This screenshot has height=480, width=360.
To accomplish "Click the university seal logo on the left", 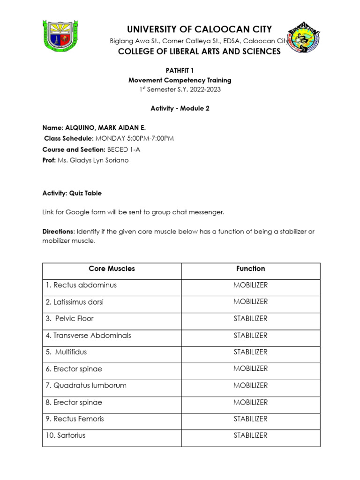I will pyautogui.click(x=60, y=36).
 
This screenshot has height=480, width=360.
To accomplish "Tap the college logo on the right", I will pyautogui.click(x=304, y=37).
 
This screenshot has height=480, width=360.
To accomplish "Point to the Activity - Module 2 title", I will pyautogui.click(x=180, y=108).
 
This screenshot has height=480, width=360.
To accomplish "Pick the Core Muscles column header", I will pyautogui.click(x=112, y=269).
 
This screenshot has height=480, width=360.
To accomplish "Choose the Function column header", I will pyautogui.click(x=250, y=269).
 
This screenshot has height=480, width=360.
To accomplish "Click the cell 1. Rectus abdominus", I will pyautogui.click(x=81, y=285).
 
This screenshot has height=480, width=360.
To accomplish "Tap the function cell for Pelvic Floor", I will pyautogui.click(x=250, y=318).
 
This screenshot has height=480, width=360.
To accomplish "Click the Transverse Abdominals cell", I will pyautogui.click(x=88, y=335).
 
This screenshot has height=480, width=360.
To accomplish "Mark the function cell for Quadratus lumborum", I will pyautogui.click(x=250, y=385).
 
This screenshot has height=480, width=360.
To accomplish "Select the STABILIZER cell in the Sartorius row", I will pyautogui.click(x=250, y=435).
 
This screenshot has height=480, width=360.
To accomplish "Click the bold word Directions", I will pyautogui.click(x=58, y=232).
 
